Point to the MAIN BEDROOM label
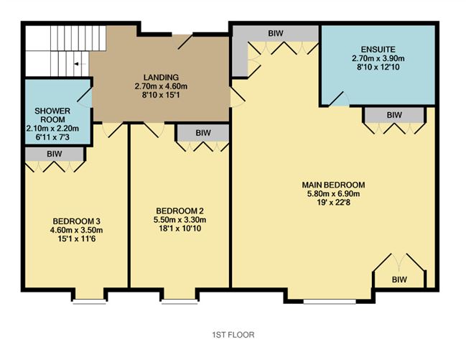tap(334, 183)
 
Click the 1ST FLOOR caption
tap(233, 334)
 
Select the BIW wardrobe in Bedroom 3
tap(54, 153)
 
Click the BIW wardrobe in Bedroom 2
tap(203, 132)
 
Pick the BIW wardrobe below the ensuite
tap(393, 114)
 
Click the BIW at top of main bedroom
tap(275, 33)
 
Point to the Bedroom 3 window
tap(89, 302)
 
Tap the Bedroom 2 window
tap(179, 302)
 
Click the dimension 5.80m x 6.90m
tap(334, 193)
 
